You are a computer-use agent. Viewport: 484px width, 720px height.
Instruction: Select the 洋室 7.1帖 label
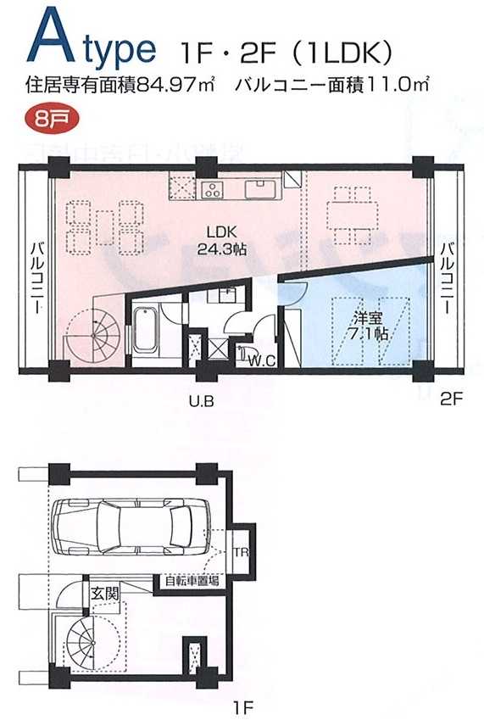pyautogui.click(x=370, y=326)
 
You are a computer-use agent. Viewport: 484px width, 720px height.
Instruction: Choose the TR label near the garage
pyautogui.click(x=242, y=552)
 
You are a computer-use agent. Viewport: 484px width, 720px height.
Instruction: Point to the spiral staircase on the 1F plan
pyautogui.click(x=88, y=644)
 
